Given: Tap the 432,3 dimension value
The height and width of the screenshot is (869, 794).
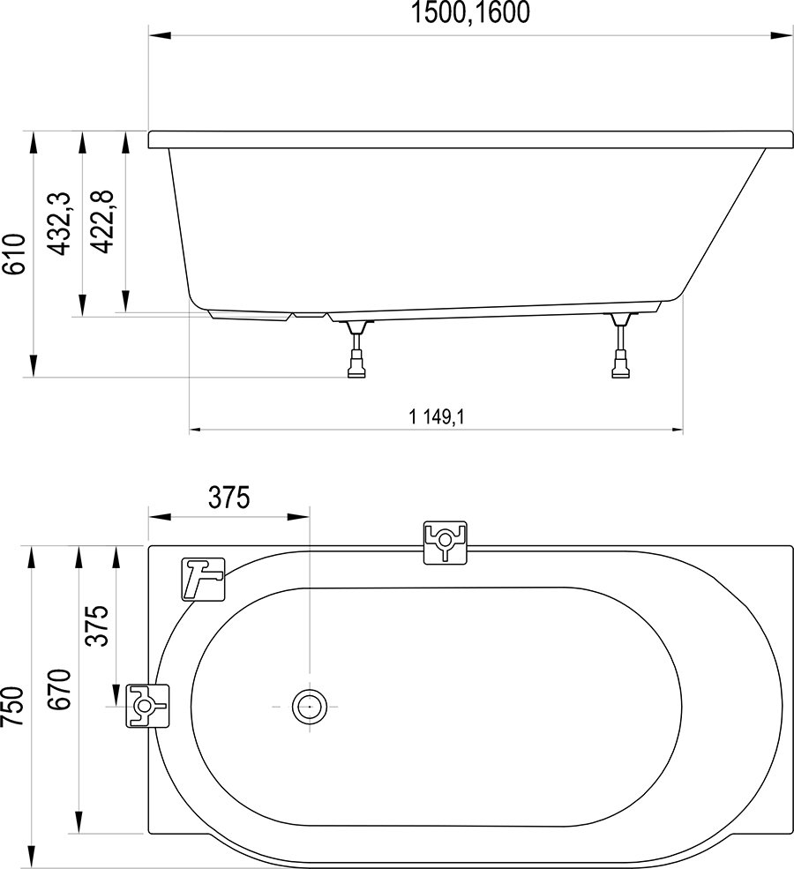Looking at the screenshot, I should click(60, 226).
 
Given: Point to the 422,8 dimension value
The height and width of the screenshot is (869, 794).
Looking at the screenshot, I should click(105, 226).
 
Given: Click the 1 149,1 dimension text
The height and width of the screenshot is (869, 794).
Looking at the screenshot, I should click(437, 417).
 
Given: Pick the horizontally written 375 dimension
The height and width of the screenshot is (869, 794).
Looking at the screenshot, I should click(229, 498).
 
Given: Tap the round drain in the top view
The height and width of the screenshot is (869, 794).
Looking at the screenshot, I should click(309, 706).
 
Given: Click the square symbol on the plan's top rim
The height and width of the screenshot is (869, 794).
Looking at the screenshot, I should click(445, 541).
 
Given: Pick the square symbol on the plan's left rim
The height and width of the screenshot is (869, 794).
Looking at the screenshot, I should click(147, 706).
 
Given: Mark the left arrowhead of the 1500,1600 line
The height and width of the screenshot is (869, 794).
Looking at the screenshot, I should click(158, 36).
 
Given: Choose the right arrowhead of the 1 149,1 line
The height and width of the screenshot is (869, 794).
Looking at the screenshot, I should click(674, 431).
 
